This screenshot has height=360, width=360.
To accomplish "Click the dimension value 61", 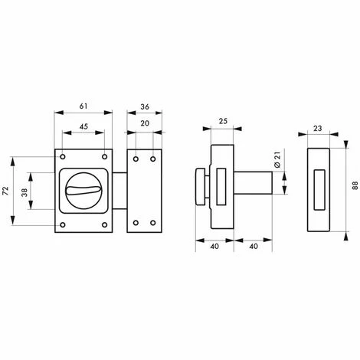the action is point(83,106).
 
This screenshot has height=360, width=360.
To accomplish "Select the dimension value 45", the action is point(83,126).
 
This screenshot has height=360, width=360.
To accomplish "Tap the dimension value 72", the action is point(5,191).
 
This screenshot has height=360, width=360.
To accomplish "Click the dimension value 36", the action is point(145,106).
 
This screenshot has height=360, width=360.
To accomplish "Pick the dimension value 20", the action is point(145,123).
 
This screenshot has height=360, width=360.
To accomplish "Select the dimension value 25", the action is point(223,121).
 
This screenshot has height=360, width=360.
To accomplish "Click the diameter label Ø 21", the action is point(277,159).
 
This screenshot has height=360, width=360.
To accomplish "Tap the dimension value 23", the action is point(318,128).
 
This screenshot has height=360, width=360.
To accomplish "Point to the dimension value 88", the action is point(355,185).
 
